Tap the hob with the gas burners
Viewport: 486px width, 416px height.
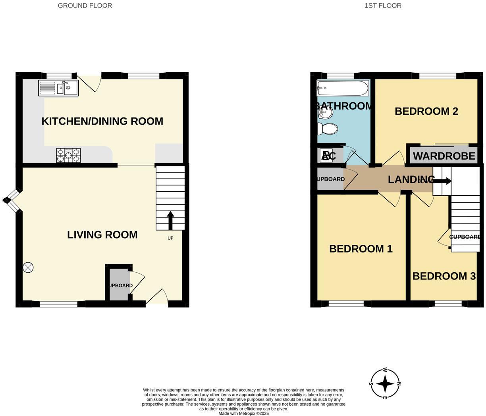click(x=68, y=155)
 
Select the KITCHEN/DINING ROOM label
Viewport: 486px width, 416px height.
click(x=102, y=121)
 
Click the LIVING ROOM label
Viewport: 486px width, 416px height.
click(x=102, y=235)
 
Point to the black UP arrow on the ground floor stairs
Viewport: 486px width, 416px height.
click(x=170, y=220)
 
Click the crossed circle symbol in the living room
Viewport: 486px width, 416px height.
click(x=28, y=268)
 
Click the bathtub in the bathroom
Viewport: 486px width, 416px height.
click(x=343, y=88)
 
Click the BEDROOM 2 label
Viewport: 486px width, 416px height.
click(x=426, y=111)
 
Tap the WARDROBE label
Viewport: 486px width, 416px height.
click(x=444, y=156)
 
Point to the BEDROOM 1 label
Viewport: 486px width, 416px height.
click(x=361, y=249)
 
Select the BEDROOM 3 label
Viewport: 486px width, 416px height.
click(x=444, y=276)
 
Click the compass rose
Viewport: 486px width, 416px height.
click(x=385, y=383)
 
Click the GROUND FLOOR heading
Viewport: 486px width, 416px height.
click(x=85, y=6)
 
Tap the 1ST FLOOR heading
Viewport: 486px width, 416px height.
click(x=383, y=6)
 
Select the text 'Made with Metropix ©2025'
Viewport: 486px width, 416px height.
click(x=243, y=413)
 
